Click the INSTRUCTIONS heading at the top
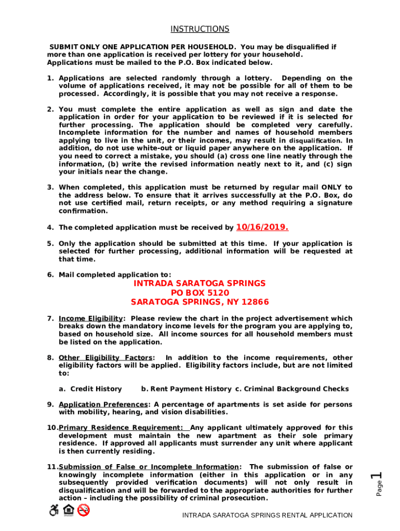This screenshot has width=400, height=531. coord(200,29)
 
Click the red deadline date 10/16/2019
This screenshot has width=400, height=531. coord(262,227)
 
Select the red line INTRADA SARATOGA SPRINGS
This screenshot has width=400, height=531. coord(200,284)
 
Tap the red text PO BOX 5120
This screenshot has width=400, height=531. coord(200,293)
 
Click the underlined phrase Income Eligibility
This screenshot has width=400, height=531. coord(91,318)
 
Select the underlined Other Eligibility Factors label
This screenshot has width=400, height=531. coord(106,358)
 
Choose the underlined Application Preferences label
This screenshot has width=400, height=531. coord(103,404)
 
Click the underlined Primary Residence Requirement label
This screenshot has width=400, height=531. coord(121,428)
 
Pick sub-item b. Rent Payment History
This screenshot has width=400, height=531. coord(186,389)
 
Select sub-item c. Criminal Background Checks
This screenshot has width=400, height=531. coord(292,389)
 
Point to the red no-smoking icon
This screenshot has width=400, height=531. coord(83,510)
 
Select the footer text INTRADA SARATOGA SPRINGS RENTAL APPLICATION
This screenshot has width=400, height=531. coord(267,515)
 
